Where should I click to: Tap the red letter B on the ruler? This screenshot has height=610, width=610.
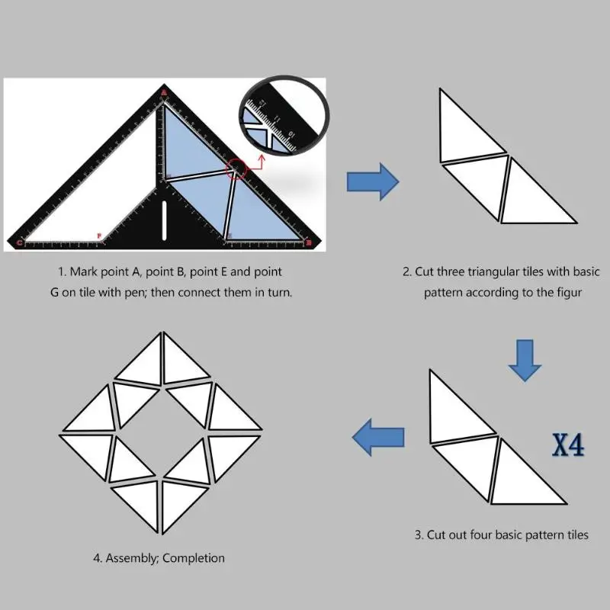point(307,243)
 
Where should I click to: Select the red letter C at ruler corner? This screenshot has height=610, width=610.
point(19,243)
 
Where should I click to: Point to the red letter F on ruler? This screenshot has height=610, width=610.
point(98,236)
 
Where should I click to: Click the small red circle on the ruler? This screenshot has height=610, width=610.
point(236,169)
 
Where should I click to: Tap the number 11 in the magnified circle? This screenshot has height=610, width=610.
point(278,120)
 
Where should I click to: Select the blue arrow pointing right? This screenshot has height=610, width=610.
point(373,181)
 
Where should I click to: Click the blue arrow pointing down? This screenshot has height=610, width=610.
point(525,358)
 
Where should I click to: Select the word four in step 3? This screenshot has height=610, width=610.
point(478,535)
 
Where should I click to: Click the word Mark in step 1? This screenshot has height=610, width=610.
point(84,271)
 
